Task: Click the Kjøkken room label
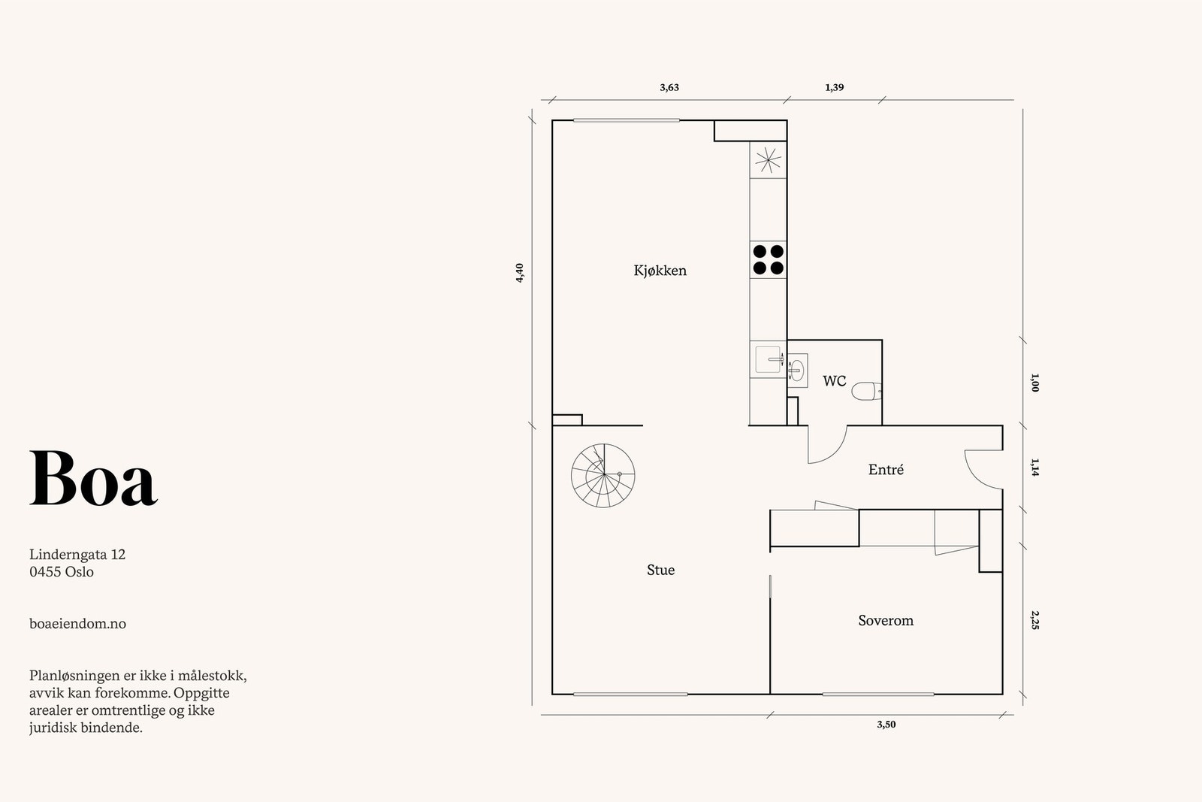tap(660, 271)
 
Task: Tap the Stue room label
tap(660, 570)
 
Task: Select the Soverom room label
tap(886, 621)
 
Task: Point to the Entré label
tap(886, 470)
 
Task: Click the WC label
tap(834, 381)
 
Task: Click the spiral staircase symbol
tap(603, 475)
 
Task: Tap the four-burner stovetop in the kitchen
tap(768, 259)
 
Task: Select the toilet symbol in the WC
tap(870, 390)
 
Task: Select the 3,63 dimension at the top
tap(669, 87)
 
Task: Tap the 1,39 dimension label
tap(834, 87)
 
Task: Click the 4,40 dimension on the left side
tap(520, 273)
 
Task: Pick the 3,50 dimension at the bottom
tap(886, 725)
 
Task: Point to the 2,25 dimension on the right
tap(1035, 620)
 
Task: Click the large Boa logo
tap(93, 479)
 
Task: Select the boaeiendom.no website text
tap(77, 624)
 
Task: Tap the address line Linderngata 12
tap(77, 555)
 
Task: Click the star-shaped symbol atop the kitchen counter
tap(768, 160)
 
